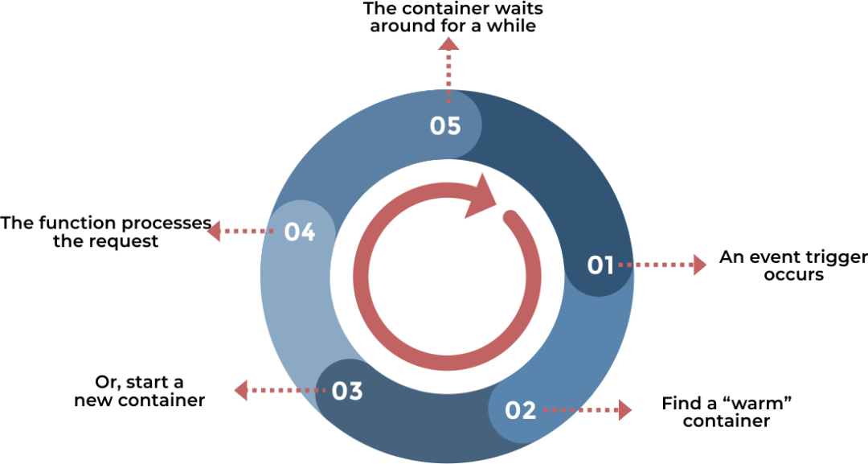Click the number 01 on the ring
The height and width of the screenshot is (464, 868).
click(x=600, y=265)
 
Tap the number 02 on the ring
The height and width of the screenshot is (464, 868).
click(x=520, y=411)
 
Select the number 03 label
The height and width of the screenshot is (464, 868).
click(x=347, y=392)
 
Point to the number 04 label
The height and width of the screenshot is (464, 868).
click(x=299, y=232)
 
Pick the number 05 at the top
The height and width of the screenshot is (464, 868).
click(x=445, y=126)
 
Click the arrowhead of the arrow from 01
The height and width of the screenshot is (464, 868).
click(x=699, y=265)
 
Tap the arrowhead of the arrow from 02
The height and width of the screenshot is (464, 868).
click(x=624, y=410)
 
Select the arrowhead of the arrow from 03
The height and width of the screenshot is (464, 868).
click(x=241, y=391)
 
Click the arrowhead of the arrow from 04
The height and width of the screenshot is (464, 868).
click(x=214, y=232)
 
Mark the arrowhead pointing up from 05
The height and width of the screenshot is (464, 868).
click(x=448, y=44)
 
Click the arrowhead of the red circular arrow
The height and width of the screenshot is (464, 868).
click(x=482, y=195)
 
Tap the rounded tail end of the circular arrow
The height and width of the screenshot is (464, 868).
click(x=510, y=217)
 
